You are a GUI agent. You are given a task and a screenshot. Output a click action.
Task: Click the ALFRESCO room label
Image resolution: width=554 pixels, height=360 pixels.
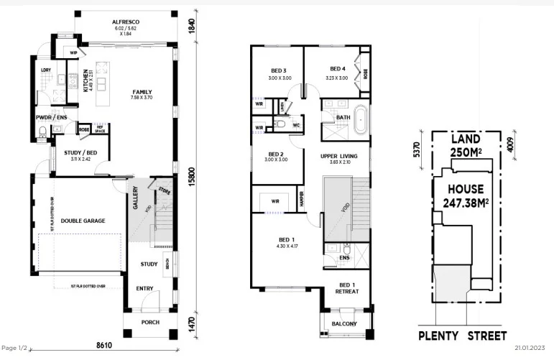(125, 23)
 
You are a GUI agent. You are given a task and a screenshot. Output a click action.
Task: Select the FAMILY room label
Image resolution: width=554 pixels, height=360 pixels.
(142, 92)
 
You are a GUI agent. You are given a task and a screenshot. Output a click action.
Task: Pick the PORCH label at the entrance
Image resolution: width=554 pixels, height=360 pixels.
(150, 322)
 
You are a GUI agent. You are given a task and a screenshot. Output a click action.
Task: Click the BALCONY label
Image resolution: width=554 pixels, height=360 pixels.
(344, 324)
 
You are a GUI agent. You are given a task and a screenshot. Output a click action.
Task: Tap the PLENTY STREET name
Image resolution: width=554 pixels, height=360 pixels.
(463, 336)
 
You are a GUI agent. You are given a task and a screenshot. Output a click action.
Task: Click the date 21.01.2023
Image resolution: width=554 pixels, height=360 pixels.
(531, 348)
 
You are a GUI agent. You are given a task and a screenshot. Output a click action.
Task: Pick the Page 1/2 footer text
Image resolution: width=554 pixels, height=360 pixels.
(14, 348)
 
